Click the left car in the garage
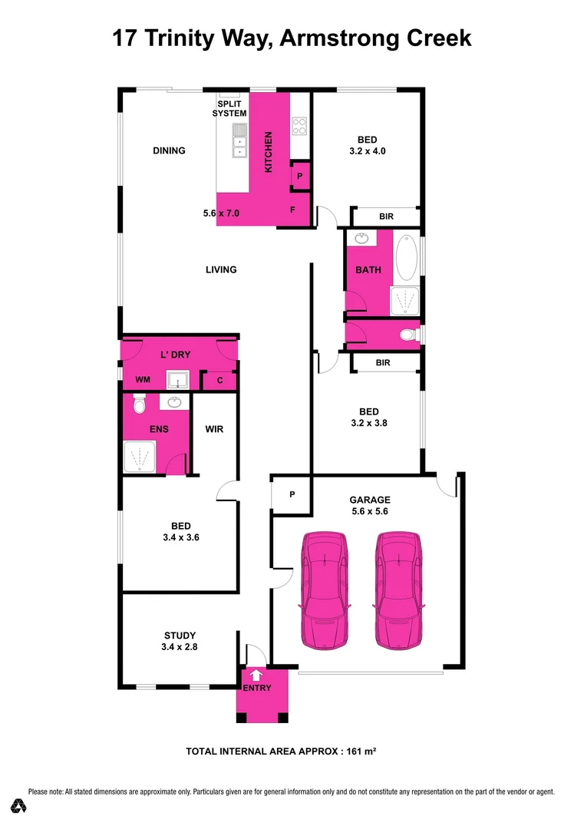click(x=325, y=589)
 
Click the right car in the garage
click(x=399, y=589)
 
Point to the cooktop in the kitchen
click(x=299, y=125)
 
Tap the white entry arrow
click(x=256, y=675)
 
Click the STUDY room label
click(x=180, y=636)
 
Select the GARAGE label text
click(x=371, y=499)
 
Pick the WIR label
click(x=215, y=429)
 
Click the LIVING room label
click(x=221, y=269)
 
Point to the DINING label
click(x=169, y=150)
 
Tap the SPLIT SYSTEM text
click(x=231, y=108)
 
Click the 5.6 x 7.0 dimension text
click(x=222, y=214)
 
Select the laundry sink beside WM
click(x=179, y=380)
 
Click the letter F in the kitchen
click(x=292, y=209)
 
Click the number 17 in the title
click(x=124, y=38)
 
